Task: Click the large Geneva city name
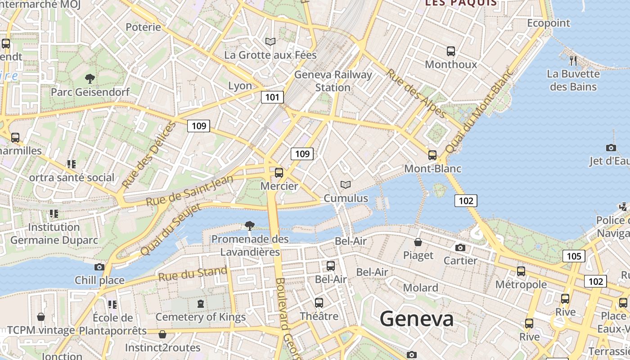(417, 319)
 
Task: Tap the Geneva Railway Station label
(333, 81)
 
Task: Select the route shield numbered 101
(272, 97)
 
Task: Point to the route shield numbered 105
(574, 256)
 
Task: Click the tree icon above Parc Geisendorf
(90, 79)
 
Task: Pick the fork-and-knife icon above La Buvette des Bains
(573, 60)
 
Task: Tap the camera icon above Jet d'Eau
(611, 148)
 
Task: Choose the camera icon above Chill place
(99, 267)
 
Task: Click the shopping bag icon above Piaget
(418, 242)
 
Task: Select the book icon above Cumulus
(346, 184)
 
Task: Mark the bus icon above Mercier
(279, 172)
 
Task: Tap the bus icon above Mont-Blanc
(432, 155)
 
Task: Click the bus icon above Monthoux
(451, 51)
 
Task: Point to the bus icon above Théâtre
(319, 302)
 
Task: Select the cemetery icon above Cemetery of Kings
(201, 304)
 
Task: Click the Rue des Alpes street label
(416, 93)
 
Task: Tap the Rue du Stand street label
(193, 274)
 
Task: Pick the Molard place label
(420, 288)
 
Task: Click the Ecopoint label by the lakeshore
(549, 23)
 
